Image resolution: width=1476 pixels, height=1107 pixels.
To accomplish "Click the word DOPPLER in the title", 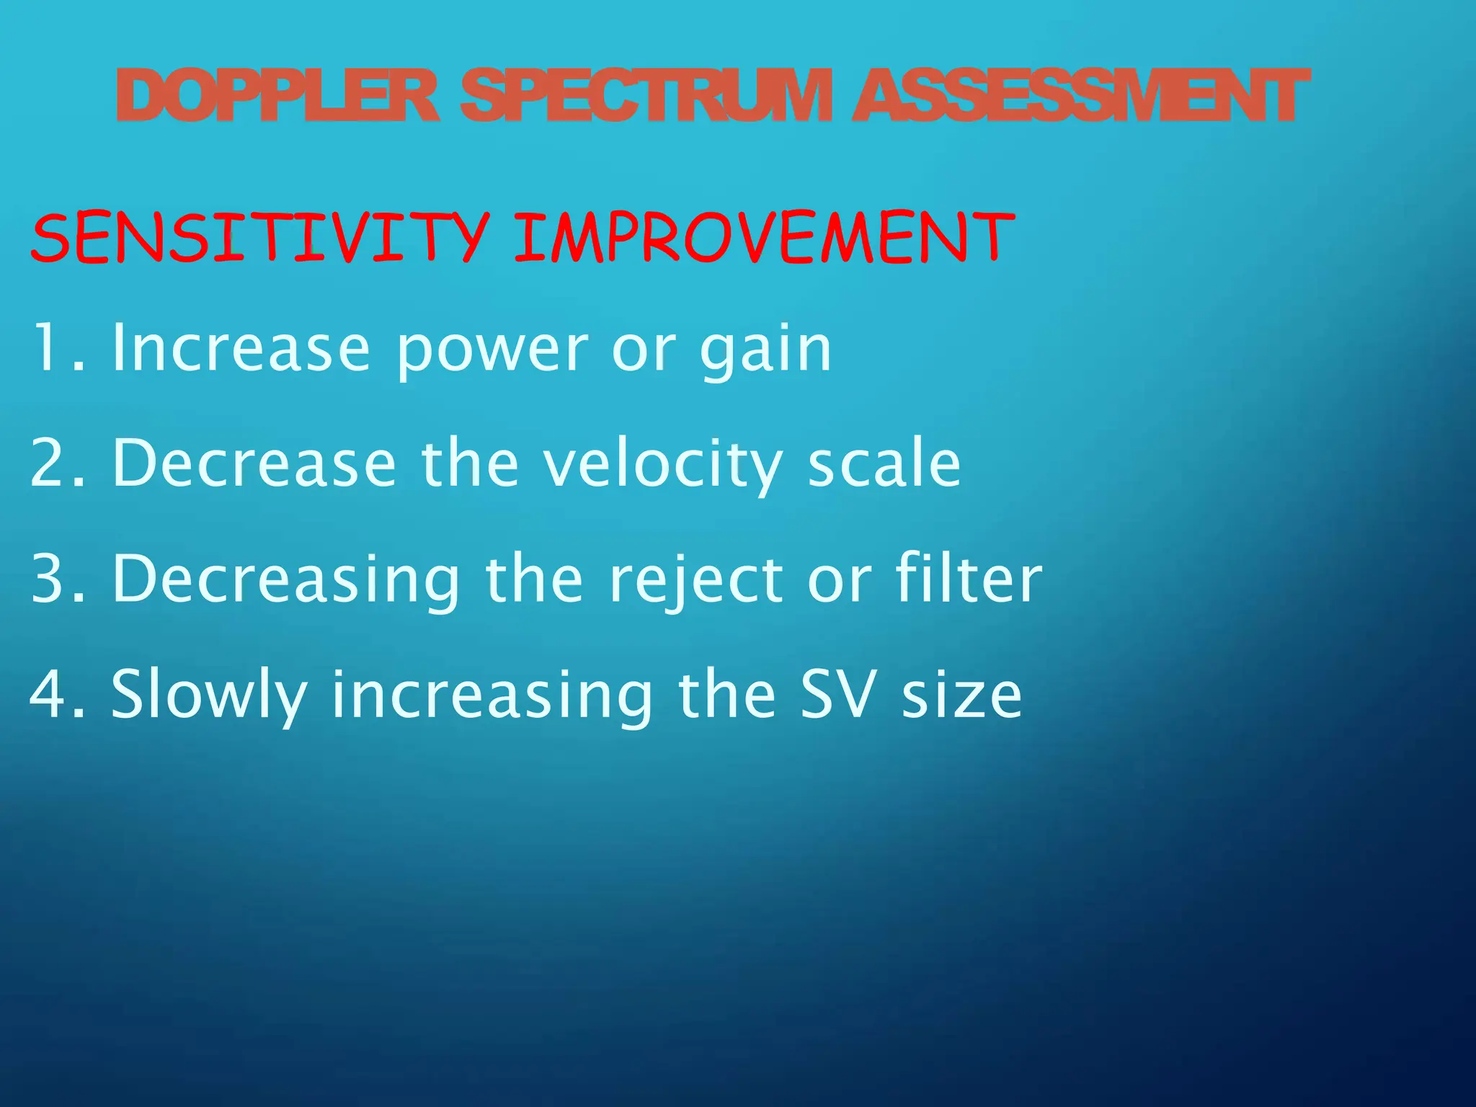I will pos(277,97).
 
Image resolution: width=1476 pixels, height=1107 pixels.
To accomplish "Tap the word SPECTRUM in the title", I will pos(646,97).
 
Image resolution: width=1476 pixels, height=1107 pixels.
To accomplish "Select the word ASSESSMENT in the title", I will pos(1079,97).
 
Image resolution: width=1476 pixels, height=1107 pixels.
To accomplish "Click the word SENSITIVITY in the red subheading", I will pos(260,238).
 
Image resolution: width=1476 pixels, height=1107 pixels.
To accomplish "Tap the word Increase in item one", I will pos(241,350).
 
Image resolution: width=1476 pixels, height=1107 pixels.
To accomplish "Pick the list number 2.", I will pos(54,465).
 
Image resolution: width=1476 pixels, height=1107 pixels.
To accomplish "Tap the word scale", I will pos(884,465).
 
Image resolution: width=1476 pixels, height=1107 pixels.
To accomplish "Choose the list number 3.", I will pos(54,580).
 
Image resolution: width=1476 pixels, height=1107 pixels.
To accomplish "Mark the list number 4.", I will pos(54,695).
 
